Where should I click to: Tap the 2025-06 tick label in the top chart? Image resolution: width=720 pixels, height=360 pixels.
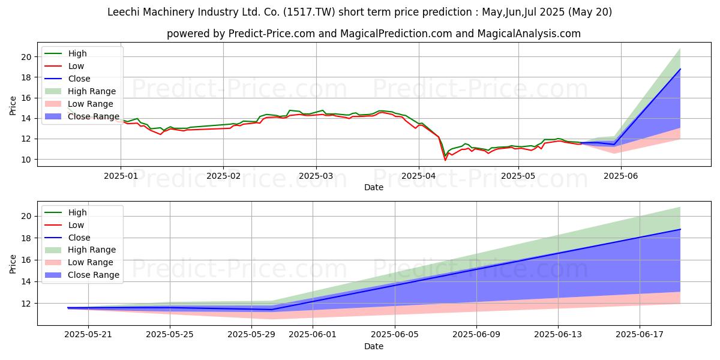[x=621, y=176]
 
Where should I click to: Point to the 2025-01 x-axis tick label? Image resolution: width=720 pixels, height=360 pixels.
[x=121, y=176]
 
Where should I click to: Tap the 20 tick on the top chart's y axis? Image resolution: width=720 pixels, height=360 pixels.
[x=26, y=57]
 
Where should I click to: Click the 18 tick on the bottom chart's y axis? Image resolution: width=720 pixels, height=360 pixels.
[x=26, y=238]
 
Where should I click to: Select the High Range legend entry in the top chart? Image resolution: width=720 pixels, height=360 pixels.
[x=92, y=91]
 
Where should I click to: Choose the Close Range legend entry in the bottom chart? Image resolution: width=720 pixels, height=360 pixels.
[x=94, y=275]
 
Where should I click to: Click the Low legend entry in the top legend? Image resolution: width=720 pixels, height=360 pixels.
[x=76, y=66]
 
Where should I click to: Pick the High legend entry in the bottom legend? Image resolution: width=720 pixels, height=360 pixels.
[x=77, y=212]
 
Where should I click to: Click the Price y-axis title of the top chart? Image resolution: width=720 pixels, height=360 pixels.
[x=13, y=105]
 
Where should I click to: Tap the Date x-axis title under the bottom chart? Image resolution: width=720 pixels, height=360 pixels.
[x=373, y=346]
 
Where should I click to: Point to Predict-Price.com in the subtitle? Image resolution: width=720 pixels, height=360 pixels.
[x=271, y=34]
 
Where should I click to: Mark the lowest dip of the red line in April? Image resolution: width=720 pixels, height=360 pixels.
[x=445, y=160]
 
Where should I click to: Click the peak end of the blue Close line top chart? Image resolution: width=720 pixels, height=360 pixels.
[x=680, y=69]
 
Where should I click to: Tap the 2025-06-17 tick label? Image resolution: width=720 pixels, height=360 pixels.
[x=640, y=335]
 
